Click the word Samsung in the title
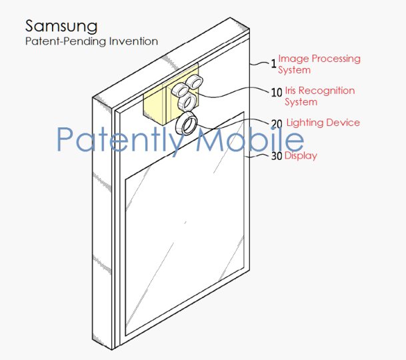pyautogui.click(x=61, y=26)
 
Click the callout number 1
pyautogui.click(x=273, y=64)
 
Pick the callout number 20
pyautogui.click(x=276, y=124)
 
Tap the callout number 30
pyautogui.click(x=276, y=157)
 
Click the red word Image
pyautogui.click(x=292, y=59)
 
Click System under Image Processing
pyautogui.click(x=295, y=70)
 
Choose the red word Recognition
pyautogui.click(x=329, y=91)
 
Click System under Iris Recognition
pyautogui.click(x=301, y=102)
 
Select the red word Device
pyautogui.click(x=343, y=123)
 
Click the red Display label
pyautogui.click(x=301, y=156)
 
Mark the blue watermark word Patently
pyautogui.click(x=117, y=139)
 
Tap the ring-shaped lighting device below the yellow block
pyautogui.click(x=185, y=125)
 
